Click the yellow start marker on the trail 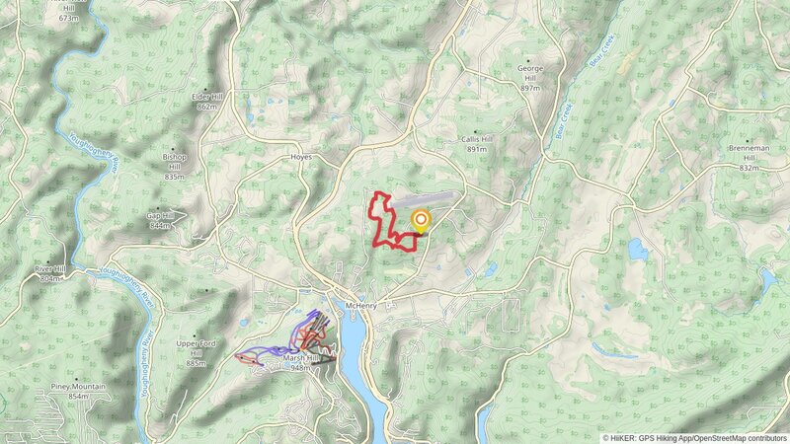click(421, 219)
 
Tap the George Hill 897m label click(530, 78)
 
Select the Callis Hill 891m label click(477, 144)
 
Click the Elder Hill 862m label click(206, 101)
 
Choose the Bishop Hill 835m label click(175, 167)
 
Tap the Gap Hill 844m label click(159, 220)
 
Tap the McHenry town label click(361, 306)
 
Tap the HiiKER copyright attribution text click(694, 437)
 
